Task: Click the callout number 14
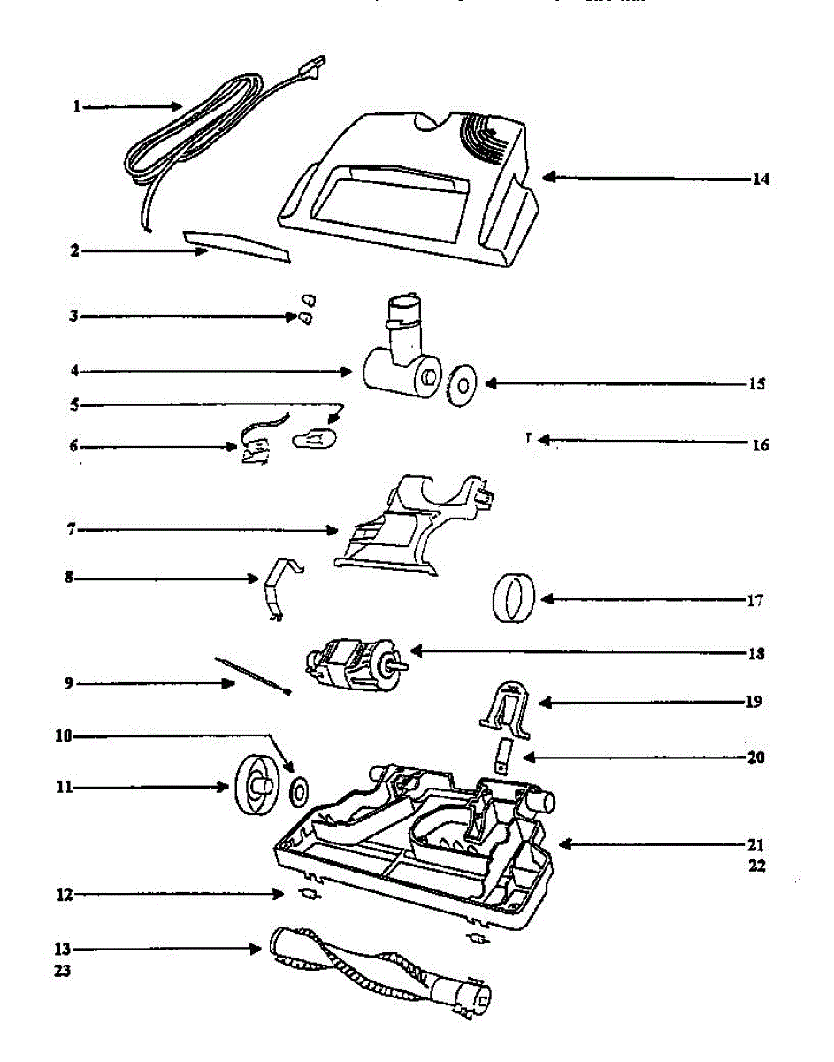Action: click(761, 179)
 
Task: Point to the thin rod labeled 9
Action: click(253, 674)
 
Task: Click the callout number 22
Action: click(756, 866)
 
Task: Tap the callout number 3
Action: click(75, 316)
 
